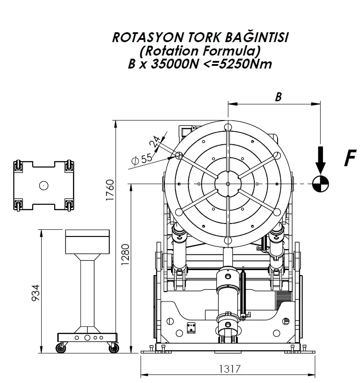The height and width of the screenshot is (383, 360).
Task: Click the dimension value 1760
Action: coord(110,190)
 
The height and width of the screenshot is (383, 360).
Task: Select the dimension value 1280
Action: coord(125,254)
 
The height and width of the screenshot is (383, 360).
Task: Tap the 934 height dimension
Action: coord(36,293)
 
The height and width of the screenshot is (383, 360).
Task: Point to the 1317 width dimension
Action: coord(230,369)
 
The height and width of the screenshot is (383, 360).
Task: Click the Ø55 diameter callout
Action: coord(141,159)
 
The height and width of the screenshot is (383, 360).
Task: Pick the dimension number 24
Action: coord(154,142)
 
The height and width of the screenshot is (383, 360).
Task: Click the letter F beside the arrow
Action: coord(350,158)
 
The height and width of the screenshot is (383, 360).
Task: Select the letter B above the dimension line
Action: coord(278,97)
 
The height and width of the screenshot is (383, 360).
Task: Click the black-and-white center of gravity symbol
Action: coord(321,184)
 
